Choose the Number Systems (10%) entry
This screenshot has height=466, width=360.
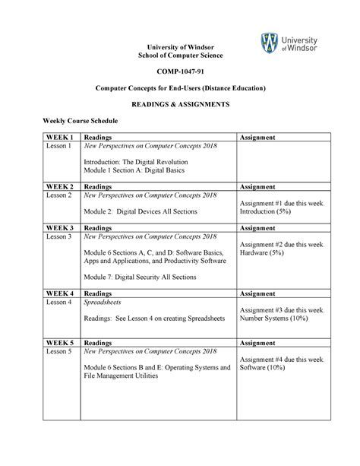[x=276, y=320]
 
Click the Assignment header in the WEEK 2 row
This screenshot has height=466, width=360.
[x=260, y=186]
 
